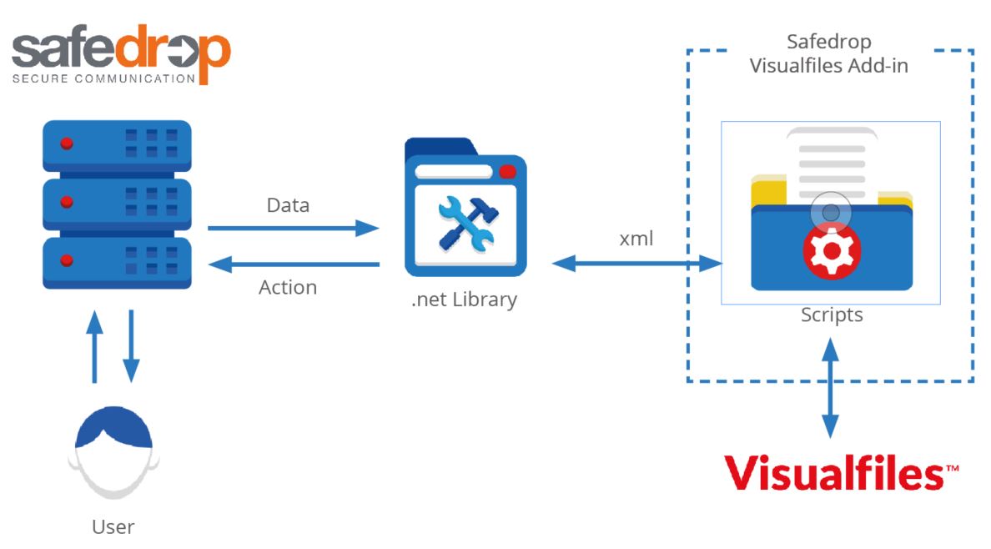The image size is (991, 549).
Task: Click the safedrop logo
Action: coord(121,55)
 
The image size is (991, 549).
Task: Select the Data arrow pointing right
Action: coord(293,228)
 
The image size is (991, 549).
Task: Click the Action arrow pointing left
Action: coord(293,264)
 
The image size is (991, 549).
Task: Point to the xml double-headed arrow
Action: coord(636,264)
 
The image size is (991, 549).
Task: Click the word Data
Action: coord(288,204)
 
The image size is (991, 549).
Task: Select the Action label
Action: coord(288,288)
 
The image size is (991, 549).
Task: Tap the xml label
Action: coord(636,239)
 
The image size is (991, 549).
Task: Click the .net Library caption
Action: coord(464,300)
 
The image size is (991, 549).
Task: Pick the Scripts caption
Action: coord(832,315)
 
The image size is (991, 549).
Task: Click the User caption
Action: coord(113,527)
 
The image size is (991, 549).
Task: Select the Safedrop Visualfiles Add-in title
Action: coord(828,54)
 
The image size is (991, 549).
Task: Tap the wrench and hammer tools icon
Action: coord(465,224)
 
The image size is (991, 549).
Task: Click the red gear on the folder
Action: coord(831,251)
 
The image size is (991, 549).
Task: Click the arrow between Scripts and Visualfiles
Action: coord(831,387)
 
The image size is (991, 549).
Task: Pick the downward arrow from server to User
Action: coord(131,345)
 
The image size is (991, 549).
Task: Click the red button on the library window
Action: coord(506,172)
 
